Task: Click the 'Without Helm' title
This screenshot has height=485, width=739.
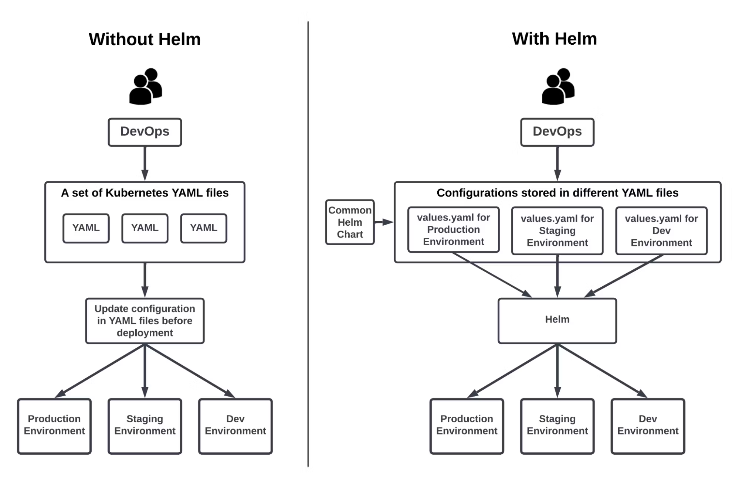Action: [145, 39]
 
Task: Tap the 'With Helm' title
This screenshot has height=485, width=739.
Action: [554, 39]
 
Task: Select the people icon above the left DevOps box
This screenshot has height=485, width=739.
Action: [145, 86]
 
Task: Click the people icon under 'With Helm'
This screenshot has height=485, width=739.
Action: [558, 86]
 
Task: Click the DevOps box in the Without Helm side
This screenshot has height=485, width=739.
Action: [145, 132]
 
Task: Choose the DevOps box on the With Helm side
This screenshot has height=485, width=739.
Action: [557, 132]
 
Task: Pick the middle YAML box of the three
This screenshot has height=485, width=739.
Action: [145, 228]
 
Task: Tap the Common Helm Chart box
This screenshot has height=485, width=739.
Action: [350, 222]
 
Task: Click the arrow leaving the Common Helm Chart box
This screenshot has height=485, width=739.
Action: [384, 222]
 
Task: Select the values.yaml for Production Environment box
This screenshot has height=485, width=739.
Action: [453, 229]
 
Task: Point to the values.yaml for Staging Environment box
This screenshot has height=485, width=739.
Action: [557, 230]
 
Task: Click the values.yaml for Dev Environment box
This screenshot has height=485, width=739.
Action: [661, 230]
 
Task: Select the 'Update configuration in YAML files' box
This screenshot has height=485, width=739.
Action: [145, 321]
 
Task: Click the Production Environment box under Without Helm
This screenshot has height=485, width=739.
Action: [54, 426]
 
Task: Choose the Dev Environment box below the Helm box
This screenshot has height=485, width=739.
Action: [648, 426]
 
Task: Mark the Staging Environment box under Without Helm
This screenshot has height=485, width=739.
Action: [145, 426]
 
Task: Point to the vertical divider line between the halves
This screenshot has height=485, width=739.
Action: [308, 244]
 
